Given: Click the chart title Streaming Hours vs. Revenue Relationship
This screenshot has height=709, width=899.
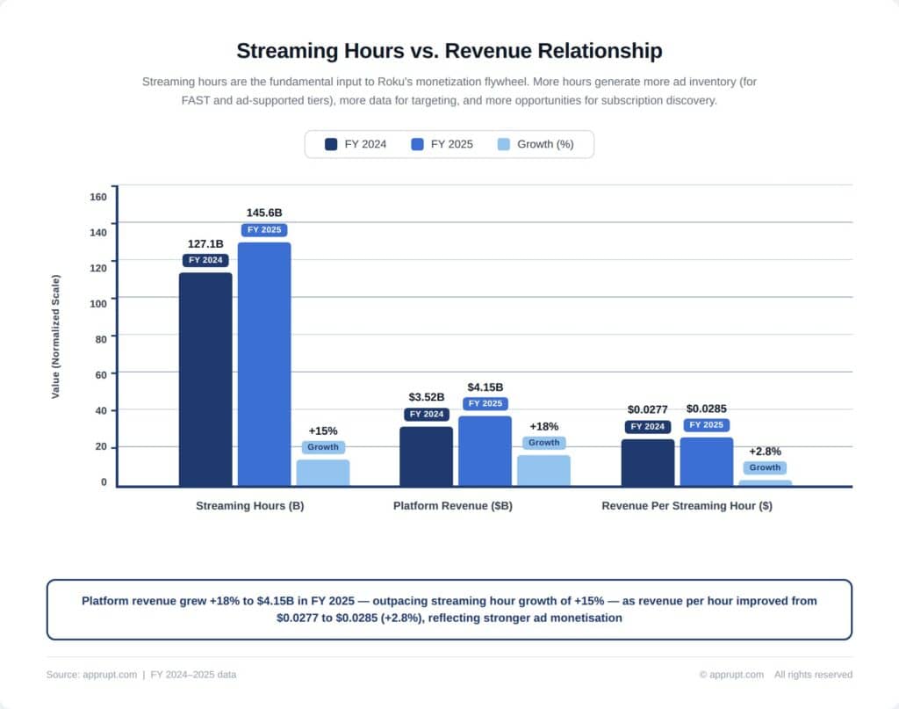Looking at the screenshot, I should tap(449, 50).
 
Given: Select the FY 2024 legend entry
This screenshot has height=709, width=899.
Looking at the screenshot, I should tap(356, 144).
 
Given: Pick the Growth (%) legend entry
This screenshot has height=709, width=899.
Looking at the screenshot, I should tap(536, 144).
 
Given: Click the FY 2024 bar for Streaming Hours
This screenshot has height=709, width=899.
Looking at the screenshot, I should tap(205, 379).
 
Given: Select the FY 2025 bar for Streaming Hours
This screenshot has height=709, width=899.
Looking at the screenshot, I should tap(264, 364).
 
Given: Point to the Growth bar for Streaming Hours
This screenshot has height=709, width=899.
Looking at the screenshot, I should tap(323, 472).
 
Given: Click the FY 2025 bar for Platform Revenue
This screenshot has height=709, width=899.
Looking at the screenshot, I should tap(485, 451).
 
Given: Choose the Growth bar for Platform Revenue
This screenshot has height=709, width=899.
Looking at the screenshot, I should tap(543, 470).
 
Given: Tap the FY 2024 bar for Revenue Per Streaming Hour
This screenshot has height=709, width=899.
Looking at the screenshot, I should tap(648, 462).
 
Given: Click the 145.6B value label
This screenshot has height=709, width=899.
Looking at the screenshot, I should tap(264, 213).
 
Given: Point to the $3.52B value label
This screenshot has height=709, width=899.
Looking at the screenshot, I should tap(427, 397).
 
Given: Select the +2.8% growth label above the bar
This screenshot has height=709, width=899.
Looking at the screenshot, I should tap(765, 452).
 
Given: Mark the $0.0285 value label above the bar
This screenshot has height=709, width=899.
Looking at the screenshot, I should tap(707, 409).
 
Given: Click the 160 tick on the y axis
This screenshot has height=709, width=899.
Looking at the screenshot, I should tap(97, 196).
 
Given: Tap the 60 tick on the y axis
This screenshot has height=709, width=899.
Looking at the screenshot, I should tap(100, 374).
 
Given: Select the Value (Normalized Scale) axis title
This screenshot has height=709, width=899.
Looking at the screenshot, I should tap(56, 336).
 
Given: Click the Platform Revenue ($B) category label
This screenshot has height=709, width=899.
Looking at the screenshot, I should tap(453, 506).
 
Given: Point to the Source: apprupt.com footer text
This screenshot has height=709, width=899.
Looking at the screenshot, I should tap(91, 675).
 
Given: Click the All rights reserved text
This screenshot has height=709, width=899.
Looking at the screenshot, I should tap(813, 675).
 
